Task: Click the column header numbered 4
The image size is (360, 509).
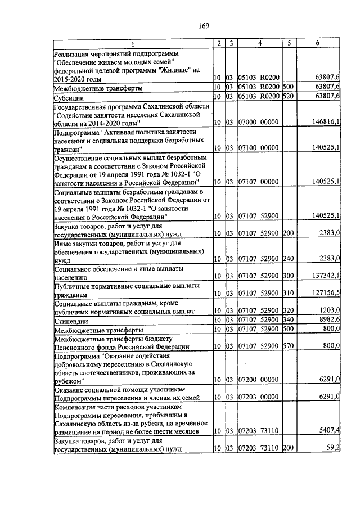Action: pos(259,43)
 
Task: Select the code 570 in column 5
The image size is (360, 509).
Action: pos(288,346)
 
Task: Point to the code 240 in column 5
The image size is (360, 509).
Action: pos(288,259)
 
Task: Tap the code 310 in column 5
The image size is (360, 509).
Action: pos(288,294)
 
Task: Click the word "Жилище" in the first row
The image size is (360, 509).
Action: pos(170,71)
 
